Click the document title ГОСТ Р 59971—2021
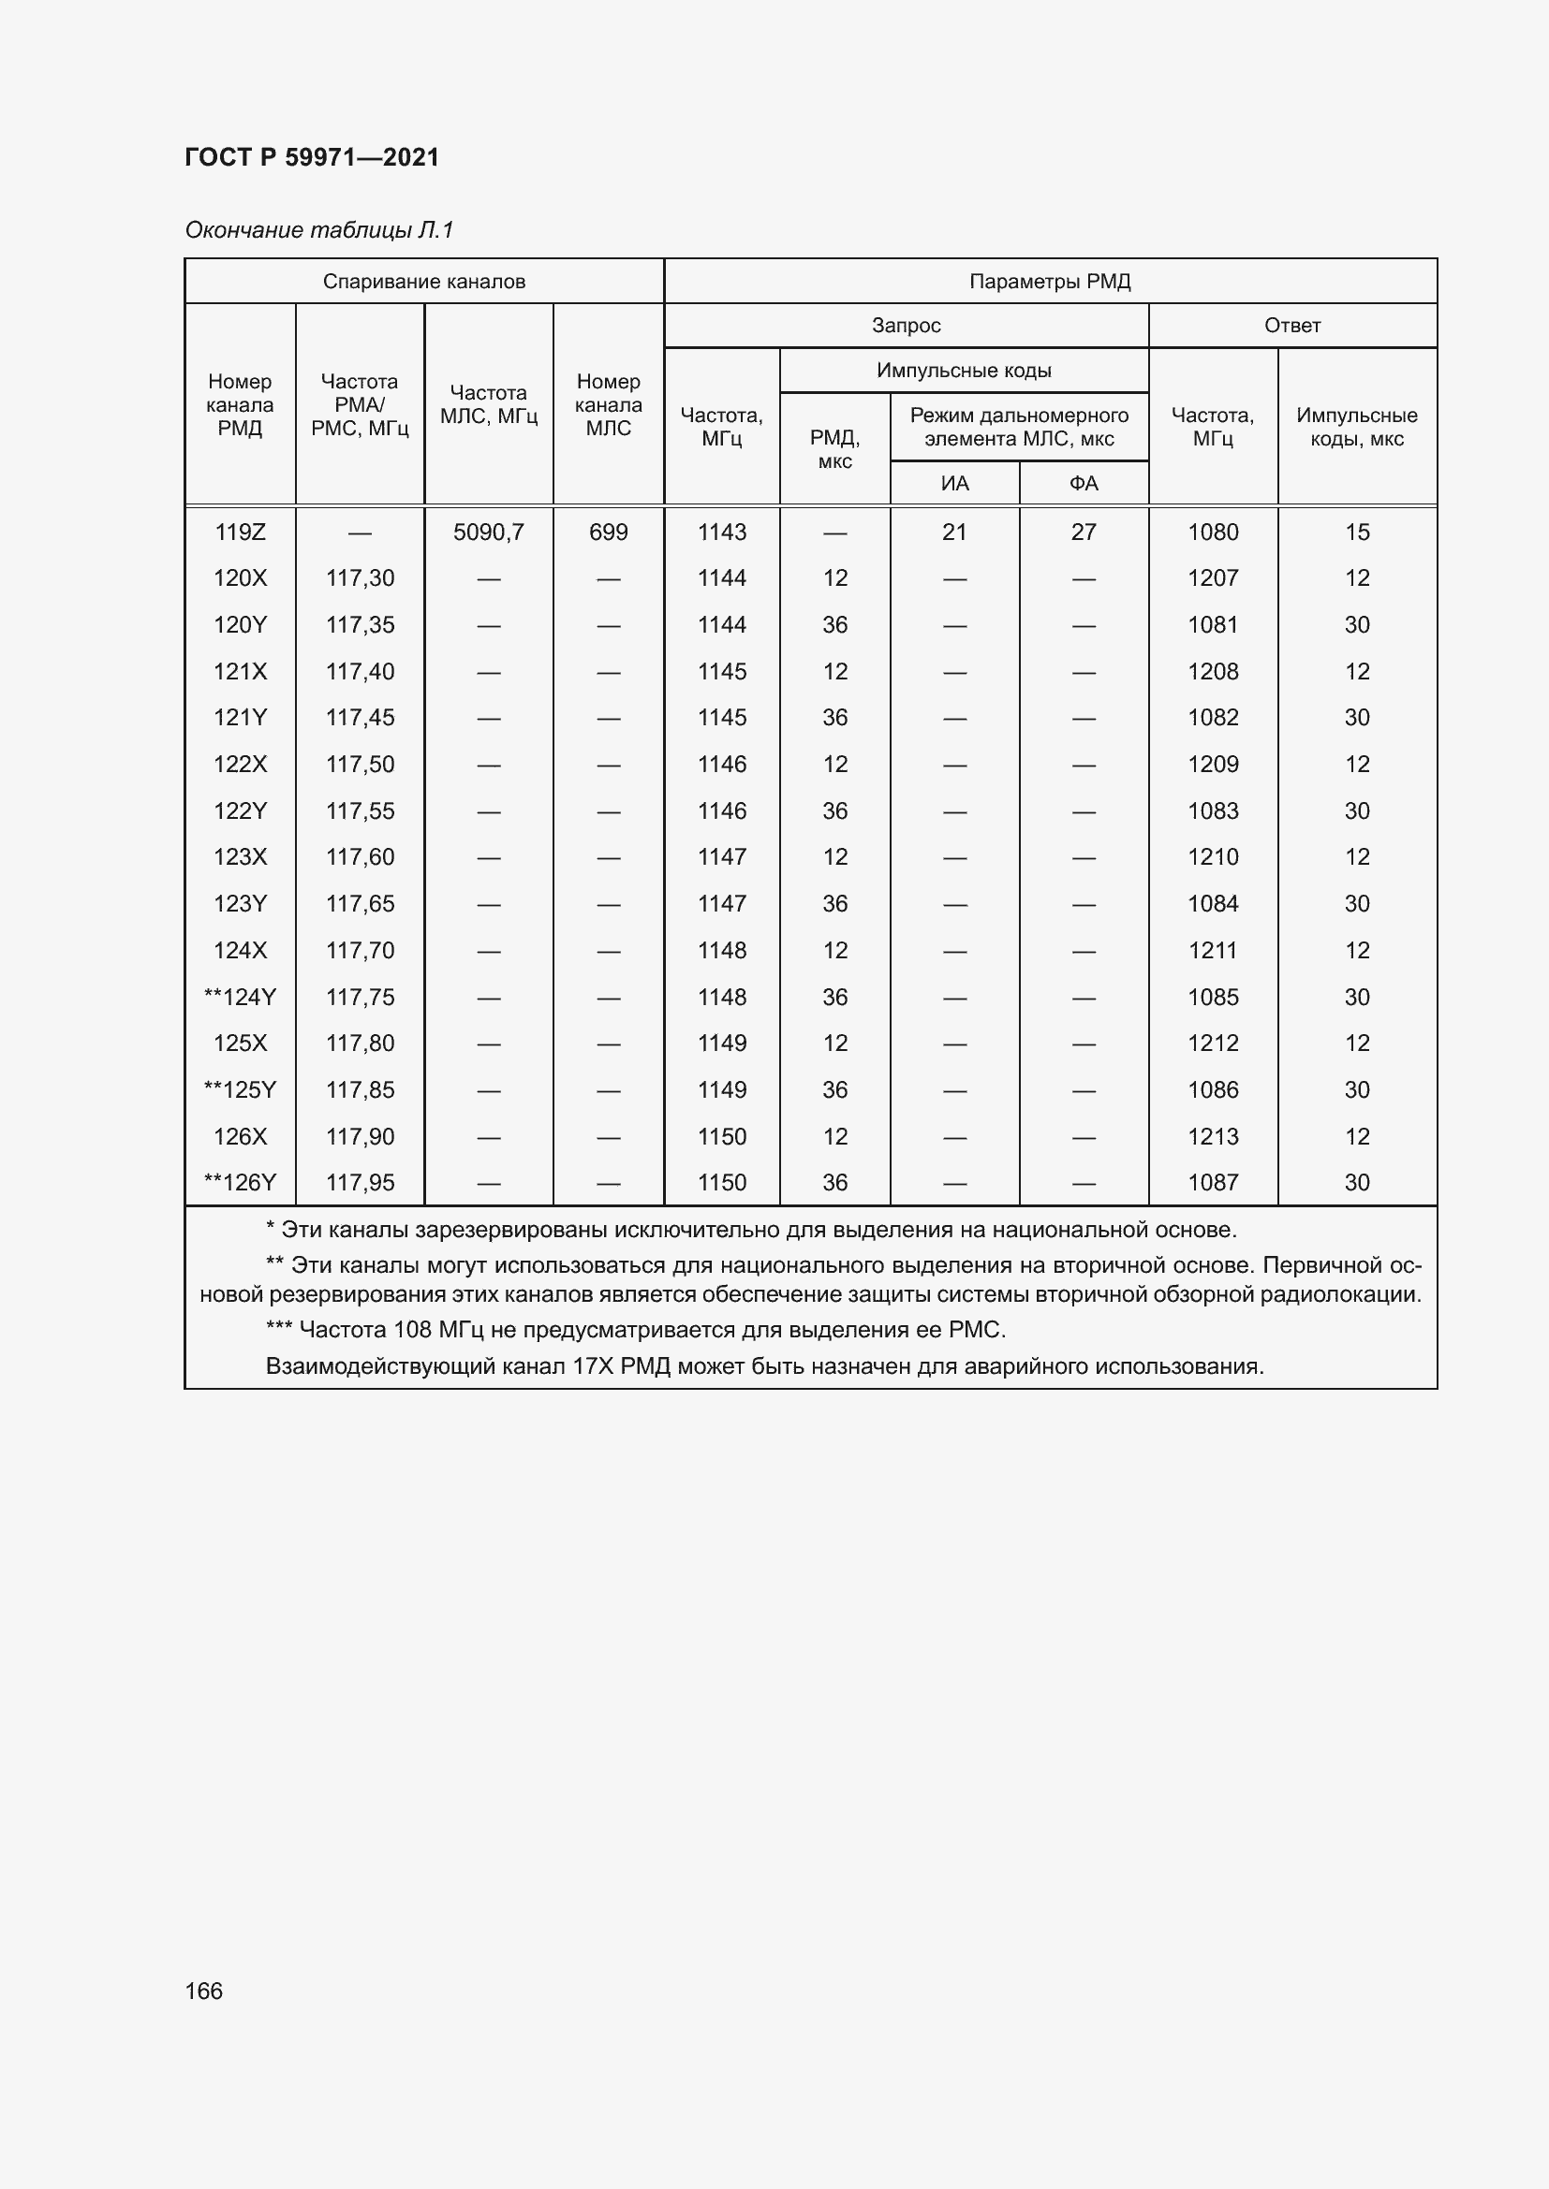coord(312,157)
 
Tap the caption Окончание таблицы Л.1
coord(319,230)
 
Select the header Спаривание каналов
coord(423,282)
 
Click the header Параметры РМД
coord(1049,282)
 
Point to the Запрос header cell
coord(906,325)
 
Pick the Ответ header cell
coord(1291,325)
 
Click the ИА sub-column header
coord(953,483)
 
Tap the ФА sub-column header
coord(1084,483)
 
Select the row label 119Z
coord(240,532)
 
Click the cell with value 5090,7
coord(488,532)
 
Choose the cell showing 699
coord(608,532)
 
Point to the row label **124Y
coord(240,998)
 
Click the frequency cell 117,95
coord(360,1182)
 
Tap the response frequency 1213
coord(1212,1136)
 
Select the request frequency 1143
coord(721,532)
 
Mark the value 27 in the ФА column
coord(1084,532)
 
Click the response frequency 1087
coord(1212,1182)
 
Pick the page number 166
coord(203,1991)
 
